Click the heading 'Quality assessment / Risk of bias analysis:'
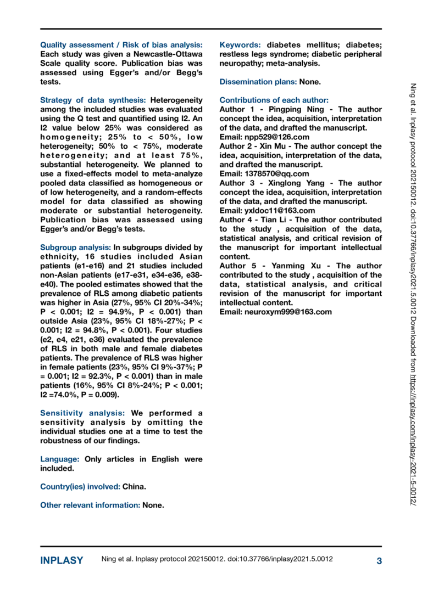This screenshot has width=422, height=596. point(121,44)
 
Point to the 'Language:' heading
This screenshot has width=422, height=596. point(60,459)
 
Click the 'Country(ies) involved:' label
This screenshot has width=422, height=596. point(80,486)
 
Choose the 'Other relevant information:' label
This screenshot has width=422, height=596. point(90,504)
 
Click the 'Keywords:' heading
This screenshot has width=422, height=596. point(241,44)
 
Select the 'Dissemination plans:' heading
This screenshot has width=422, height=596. point(257,82)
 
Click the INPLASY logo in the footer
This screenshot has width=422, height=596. point(62,561)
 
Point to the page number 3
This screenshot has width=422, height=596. point(379,561)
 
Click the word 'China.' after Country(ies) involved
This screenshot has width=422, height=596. point(134,486)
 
